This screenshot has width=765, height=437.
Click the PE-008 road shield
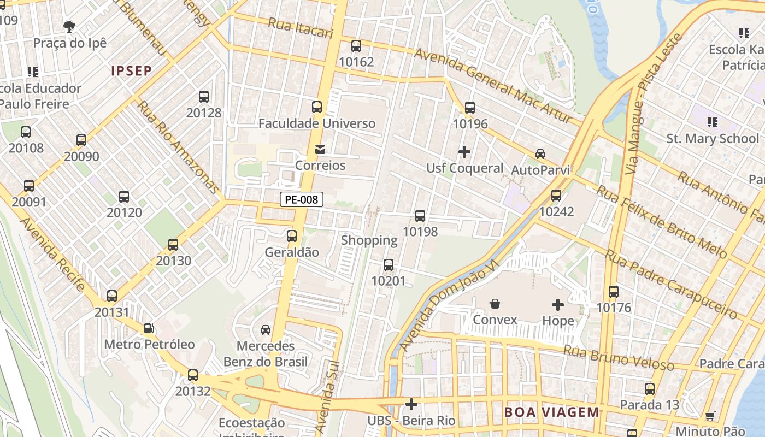coord(302,200)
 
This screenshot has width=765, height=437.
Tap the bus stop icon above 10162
coord(356,46)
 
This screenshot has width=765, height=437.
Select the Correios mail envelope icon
coord(320,149)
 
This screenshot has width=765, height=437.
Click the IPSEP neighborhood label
coord(131,71)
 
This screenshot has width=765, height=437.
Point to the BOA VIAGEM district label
coord(552,412)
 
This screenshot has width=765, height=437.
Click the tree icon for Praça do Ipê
coord(69,26)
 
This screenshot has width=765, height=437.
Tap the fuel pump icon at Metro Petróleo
coord(149,328)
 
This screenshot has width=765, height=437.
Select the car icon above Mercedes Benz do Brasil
coord(266,330)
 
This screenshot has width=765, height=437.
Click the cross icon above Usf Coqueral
coord(464,151)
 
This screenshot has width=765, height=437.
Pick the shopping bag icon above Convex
coord(495,304)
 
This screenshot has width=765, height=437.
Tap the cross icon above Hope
coord(558,304)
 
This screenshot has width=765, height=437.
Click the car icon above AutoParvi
coord(540,154)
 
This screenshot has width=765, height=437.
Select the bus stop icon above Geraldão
coord(292,236)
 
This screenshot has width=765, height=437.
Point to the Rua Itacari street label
coord(301,28)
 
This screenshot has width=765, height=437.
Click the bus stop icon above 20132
coord(193,375)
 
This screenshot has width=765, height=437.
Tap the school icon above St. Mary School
coord(712,122)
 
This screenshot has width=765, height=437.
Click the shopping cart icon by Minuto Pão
coord(710,416)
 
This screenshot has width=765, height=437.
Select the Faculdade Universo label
coord(317,123)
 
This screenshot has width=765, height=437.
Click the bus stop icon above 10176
coord(614,292)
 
